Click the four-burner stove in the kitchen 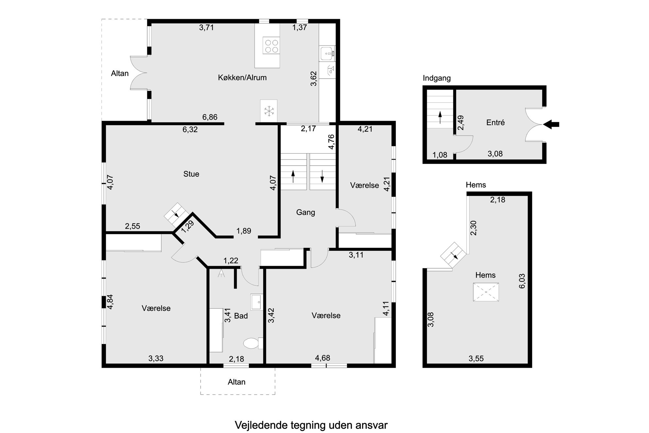(x=271, y=46)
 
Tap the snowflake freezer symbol (x=269, y=111)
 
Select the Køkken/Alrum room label (x=242, y=78)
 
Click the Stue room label (x=191, y=174)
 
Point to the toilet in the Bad (x=253, y=343)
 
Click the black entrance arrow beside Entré (x=551, y=124)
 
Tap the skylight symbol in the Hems (x=486, y=292)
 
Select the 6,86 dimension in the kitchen (x=210, y=117)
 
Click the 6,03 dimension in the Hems (x=522, y=281)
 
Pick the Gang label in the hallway (x=306, y=212)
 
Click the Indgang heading (x=437, y=78)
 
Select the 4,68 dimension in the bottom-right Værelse (x=323, y=358)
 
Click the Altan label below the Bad (x=237, y=382)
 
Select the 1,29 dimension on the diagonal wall (x=188, y=226)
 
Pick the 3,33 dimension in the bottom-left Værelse (x=156, y=358)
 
